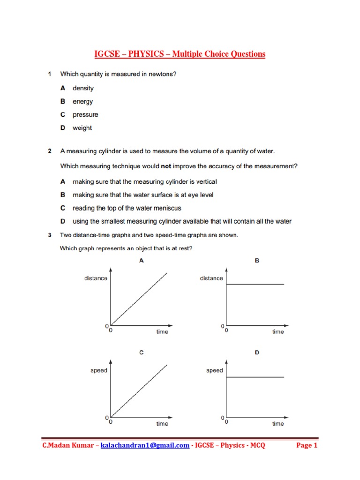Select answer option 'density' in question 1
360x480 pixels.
click(83, 88)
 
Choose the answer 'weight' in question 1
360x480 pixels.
click(82, 128)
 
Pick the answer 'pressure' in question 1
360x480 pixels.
click(85, 115)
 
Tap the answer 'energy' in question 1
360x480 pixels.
click(82, 102)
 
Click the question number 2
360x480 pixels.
click(50, 151)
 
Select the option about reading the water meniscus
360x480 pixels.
click(127, 208)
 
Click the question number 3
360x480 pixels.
click(50, 235)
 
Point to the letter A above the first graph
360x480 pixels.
click(141, 261)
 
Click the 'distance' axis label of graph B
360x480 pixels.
click(211, 278)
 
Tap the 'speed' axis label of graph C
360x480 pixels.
click(98, 370)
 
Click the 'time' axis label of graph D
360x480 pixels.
click(278, 424)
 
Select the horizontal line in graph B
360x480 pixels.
click(255, 285)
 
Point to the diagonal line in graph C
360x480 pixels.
click(139, 390)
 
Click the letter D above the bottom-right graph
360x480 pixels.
click(257, 352)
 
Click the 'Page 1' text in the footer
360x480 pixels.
click(307, 445)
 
